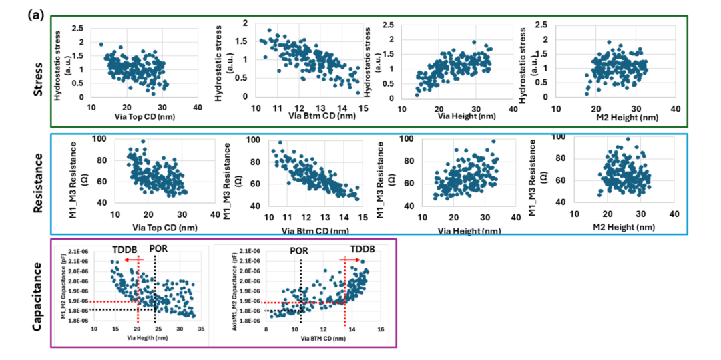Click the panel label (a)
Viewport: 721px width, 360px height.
36,13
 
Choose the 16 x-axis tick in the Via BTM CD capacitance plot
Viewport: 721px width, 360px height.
380,329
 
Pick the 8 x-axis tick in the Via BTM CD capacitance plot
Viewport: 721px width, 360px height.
266,329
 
